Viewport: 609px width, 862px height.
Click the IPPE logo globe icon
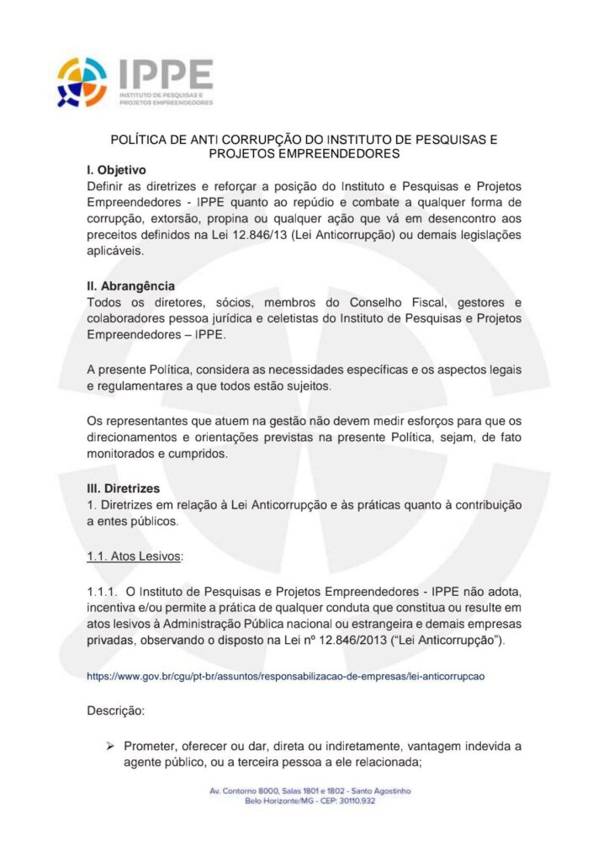click(82, 82)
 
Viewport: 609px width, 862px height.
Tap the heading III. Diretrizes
click(124, 488)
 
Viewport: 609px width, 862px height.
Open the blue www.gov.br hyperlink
click(288, 675)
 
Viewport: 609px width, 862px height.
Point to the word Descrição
click(116, 710)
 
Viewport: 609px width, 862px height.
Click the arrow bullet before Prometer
click(109, 747)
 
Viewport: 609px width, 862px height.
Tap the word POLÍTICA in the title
click(140, 139)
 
